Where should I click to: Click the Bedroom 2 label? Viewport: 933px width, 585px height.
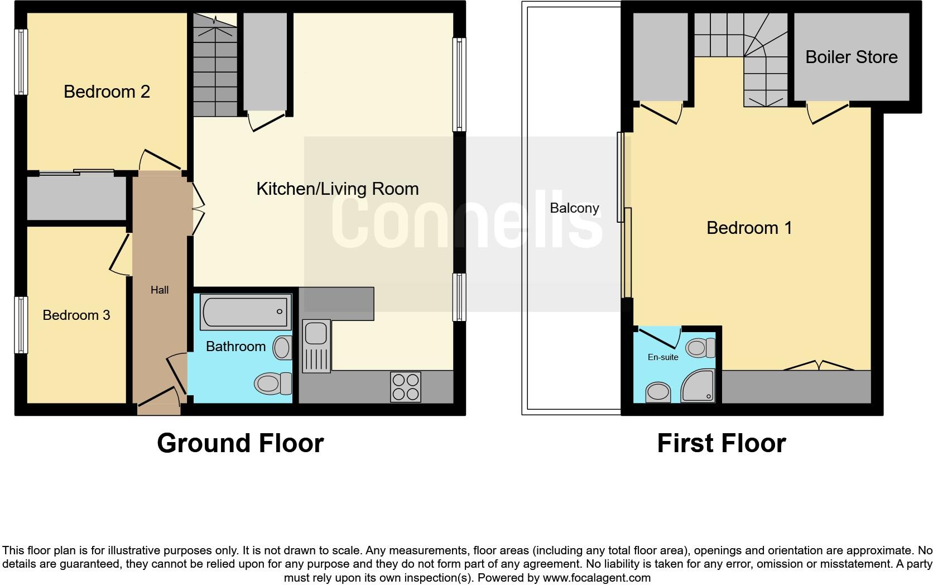(x=107, y=92)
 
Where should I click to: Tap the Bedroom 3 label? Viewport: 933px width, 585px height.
(x=76, y=315)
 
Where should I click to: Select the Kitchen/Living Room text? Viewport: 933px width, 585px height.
(x=337, y=189)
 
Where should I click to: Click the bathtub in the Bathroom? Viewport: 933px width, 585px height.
(x=246, y=311)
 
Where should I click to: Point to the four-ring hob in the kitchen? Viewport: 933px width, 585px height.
(x=406, y=387)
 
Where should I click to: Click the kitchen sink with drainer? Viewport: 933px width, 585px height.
(x=316, y=346)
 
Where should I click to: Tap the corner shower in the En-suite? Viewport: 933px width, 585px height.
(x=698, y=386)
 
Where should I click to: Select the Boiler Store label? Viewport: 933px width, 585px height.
(x=851, y=57)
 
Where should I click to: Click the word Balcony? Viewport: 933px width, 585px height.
(x=574, y=208)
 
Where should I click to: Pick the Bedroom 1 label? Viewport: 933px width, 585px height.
(x=749, y=228)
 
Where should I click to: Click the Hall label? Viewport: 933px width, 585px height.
(x=160, y=290)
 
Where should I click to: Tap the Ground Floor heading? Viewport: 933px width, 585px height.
(x=240, y=443)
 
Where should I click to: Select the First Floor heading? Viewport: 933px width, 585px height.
(x=721, y=443)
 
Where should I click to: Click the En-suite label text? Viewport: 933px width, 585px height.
(x=663, y=357)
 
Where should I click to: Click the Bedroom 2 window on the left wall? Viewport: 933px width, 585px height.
(x=21, y=61)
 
